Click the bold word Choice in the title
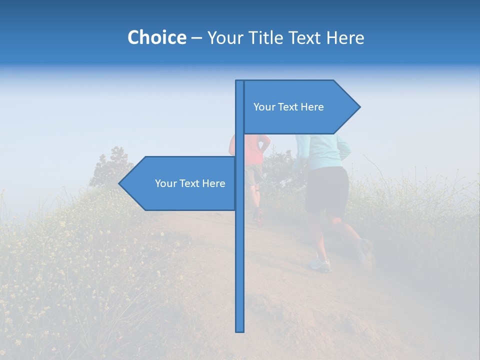click(156, 37)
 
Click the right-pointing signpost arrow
click(300, 107)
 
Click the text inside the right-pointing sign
click(288, 107)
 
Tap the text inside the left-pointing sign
click(190, 183)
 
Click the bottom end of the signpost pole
click(240, 330)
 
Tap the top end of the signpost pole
click(240, 82)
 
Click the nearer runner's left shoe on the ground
click(320, 264)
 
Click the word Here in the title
click(345, 37)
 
